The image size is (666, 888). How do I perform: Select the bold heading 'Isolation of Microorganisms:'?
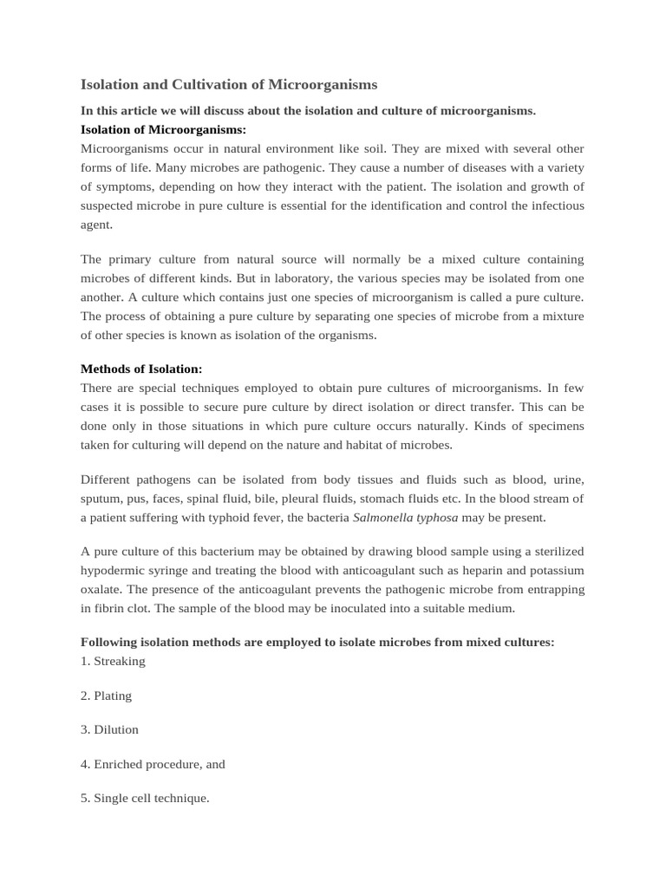coord(163,130)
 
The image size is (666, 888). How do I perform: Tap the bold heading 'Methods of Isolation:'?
coord(140,369)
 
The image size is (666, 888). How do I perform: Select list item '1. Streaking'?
coord(113,662)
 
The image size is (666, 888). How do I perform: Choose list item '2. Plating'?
coord(106,695)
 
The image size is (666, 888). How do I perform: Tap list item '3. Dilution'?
coord(109,730)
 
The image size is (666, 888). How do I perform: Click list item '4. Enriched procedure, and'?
coord(153,765)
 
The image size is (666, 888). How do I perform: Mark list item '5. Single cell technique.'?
coord(145,799)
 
